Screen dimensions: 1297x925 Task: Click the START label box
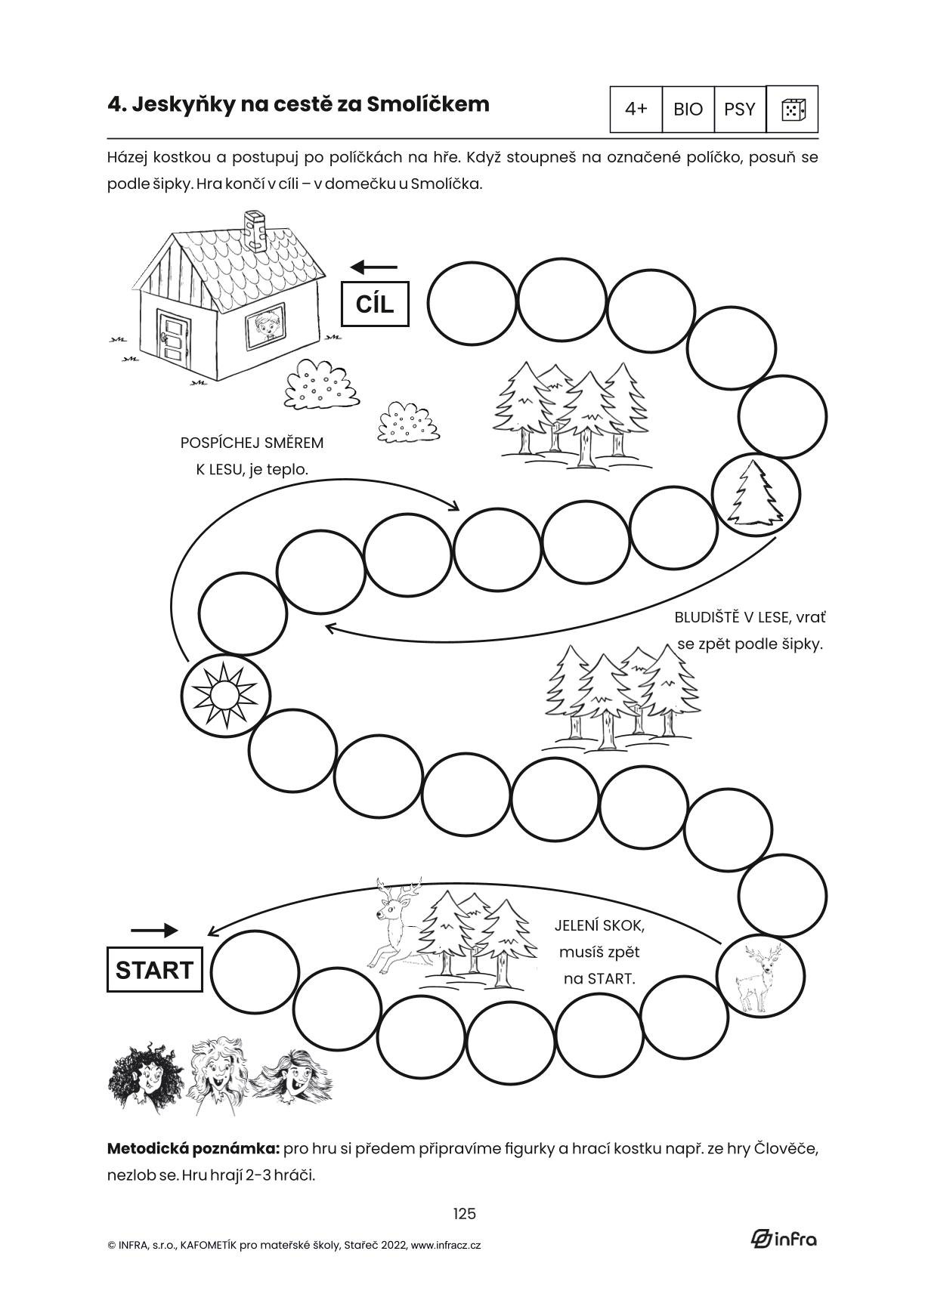click(x=154, y=969)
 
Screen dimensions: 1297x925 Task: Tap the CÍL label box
click(x=375, y=304)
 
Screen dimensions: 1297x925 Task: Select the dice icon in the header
click(x=792, y=110)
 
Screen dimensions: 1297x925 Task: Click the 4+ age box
click(x=636, y=110)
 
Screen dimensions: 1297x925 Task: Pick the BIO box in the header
click(x=688, y=110)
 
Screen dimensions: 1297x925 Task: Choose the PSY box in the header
click(x=739, y=110)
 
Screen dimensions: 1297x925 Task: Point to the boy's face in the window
click(x=265, y=326)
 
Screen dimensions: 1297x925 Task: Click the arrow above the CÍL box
click(x=374, y=267)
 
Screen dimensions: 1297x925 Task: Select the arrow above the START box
click(x=154, y=930)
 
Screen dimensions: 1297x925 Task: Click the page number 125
click(x=464, y=1213)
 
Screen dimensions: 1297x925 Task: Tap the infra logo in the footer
click(x=784, y=1238)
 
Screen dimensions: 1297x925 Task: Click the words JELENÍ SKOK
click(x=599, y=925)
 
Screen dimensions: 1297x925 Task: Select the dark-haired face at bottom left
click(x=145, y=1073)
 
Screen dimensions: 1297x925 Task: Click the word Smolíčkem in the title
click(x=428, y=104)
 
